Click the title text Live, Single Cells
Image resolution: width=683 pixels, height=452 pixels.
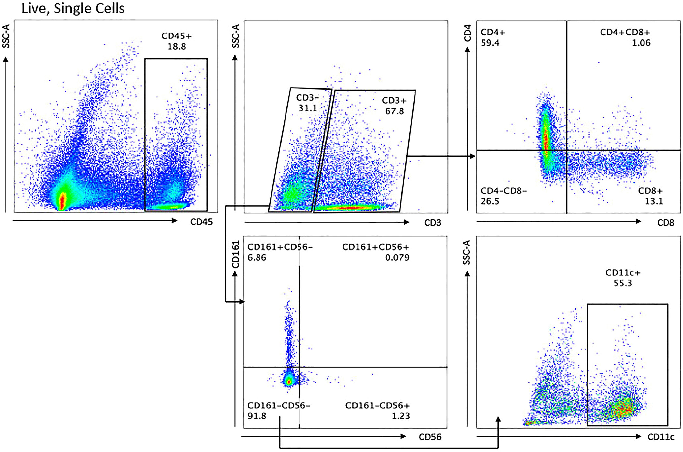73,9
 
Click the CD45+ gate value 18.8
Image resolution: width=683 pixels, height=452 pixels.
177,46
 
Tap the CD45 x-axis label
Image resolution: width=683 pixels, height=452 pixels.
201,222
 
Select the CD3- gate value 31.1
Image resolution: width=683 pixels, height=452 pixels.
307,108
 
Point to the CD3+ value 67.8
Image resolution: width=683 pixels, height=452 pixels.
395,111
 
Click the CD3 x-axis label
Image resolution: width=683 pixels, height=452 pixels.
433,223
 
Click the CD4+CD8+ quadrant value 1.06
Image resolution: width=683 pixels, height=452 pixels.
641,43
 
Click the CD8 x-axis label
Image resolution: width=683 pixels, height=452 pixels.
666,223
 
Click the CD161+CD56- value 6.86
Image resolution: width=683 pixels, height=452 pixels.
257,257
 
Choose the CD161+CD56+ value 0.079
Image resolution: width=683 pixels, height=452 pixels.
397,257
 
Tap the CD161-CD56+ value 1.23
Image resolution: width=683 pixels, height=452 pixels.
401,416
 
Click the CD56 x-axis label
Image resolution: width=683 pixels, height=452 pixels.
430,437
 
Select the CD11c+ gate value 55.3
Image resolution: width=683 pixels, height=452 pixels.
623,283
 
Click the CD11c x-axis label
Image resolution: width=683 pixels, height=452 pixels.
661,437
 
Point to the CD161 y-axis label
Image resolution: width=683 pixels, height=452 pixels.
236,255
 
